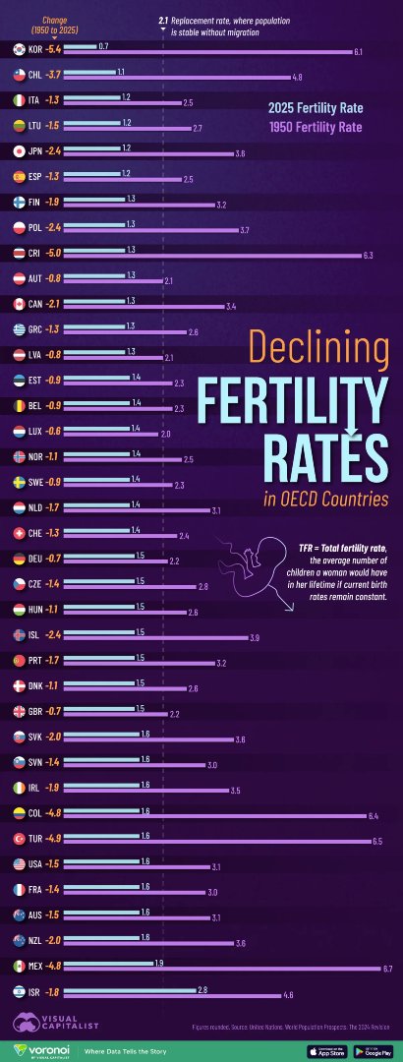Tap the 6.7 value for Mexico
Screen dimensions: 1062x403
387,969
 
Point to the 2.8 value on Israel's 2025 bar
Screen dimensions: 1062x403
202,988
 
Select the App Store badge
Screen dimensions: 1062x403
326,1051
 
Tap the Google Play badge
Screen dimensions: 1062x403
373,1051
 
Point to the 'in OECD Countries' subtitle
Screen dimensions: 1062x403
325,500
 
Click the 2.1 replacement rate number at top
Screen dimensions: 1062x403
163,20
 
